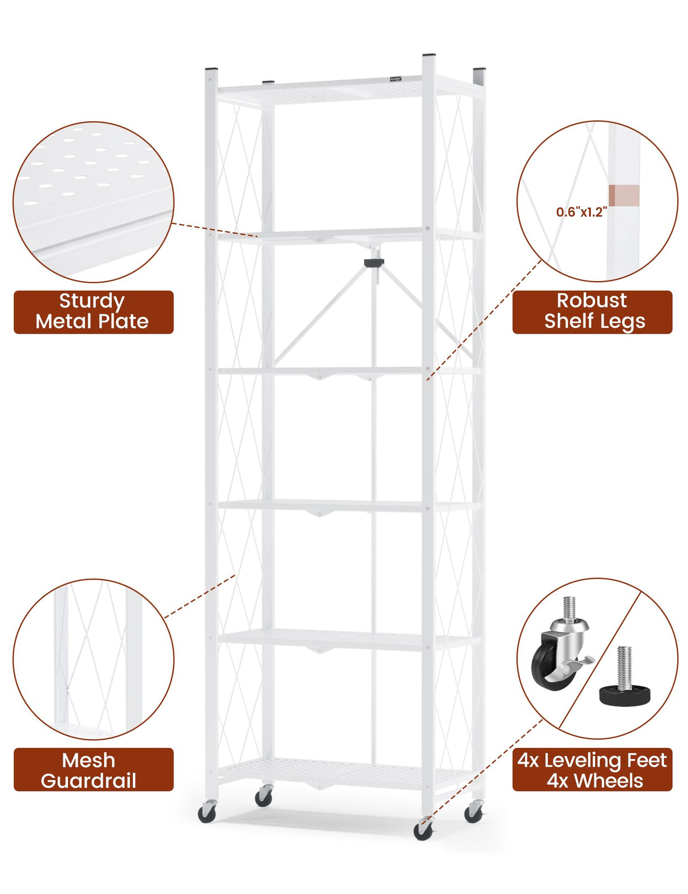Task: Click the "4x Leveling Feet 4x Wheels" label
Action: coord(592,770)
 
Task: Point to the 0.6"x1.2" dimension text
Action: coord(581,212)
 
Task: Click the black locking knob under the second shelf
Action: coord(373,262)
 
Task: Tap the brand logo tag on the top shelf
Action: coord(396,78)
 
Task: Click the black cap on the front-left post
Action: coord(211,69)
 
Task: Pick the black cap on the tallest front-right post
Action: coord(429,55)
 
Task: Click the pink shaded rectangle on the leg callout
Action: coord(624,195)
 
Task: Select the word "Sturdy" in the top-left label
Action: coord(92,301)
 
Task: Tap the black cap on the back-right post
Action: coord(479,70)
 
